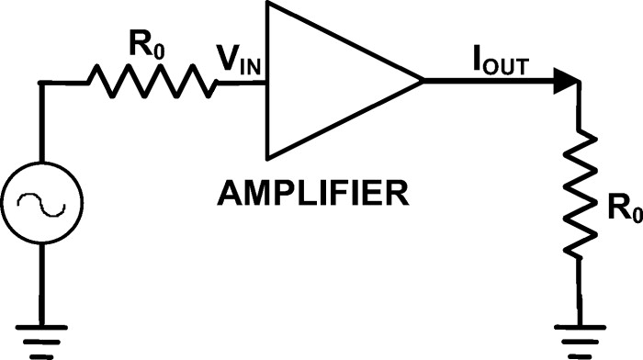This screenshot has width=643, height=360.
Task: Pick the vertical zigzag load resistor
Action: coord(581,196)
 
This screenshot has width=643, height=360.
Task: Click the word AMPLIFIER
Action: coord(311,195)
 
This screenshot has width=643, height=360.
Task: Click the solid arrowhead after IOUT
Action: coord(566,83)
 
